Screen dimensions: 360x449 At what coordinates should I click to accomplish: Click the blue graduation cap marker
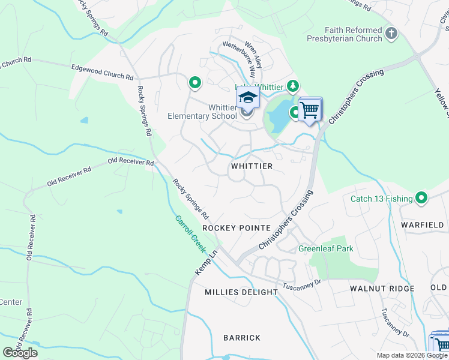pyautogui.click(x=247, y=97)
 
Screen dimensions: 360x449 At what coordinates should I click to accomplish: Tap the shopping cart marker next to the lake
pyautogui.click(x=309, y=110)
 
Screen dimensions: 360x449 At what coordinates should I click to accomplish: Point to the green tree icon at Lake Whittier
pyautogui.click(x=292, y=86)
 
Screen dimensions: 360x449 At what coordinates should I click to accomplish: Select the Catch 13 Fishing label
pyautogui.click(x=382, y=199)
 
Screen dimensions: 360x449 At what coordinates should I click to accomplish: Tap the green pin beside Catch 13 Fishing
pyautogui.click(x=421, y=197)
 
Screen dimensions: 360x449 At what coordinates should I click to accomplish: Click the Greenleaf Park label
pyautogui.click(x=326, y=248)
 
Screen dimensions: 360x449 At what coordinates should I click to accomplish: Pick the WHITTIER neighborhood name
pyautogui.click(x=252, y=166)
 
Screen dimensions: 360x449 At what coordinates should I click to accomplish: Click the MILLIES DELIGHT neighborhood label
pyautogui.click(x=241, y=292)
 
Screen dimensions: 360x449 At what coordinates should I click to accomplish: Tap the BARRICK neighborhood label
pyautogui.click(x=242, y=338)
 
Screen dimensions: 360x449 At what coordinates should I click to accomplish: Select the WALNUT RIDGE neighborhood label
pyautogui.click(x=382, y=289)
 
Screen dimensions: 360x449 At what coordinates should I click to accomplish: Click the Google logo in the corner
pyautogui.click(x=20, y=353)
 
